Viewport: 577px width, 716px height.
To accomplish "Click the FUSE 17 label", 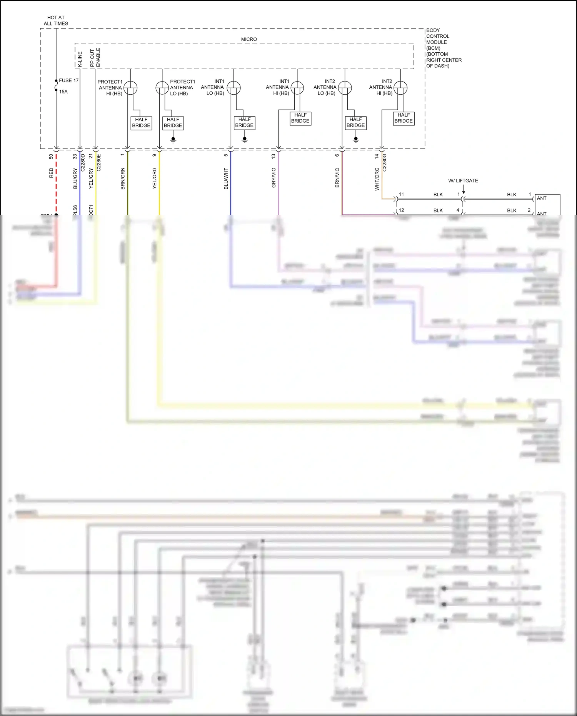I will [x=68, y=80].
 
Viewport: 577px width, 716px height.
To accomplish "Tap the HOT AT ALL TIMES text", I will [x=56, y=20].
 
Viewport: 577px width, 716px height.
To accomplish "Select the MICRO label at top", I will [x=249, y=39].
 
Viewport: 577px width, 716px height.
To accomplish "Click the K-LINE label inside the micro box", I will [x=80, y=59].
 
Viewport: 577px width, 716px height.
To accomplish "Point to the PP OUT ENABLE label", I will [x=95, y=58].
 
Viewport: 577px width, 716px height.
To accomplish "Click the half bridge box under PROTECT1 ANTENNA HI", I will [x=141, y=123].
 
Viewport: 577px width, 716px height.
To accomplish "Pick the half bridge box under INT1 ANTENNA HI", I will [x=300, y=118].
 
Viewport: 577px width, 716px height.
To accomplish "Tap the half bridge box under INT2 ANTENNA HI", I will [x=404, y=118].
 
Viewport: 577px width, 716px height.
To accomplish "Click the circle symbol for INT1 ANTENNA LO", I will [x=233, y=88].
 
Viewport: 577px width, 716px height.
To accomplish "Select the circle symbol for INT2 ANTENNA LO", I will [x=345, y=88].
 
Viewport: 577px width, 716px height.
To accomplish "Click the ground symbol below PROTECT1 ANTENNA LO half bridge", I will [x=173, y=139].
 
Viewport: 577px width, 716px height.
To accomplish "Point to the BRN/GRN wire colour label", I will [x=123, y=179].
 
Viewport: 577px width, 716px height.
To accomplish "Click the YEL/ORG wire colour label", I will [x=155, y=178].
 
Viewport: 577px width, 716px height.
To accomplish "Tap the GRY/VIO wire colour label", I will [x=274, y=178].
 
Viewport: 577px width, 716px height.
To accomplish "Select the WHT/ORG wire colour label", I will [x=377, y=179].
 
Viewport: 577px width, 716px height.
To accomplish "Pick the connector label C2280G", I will [x=384, y=163].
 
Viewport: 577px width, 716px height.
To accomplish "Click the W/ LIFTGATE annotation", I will [x=463, y=180].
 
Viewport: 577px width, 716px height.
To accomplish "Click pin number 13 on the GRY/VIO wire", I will [x=273, y=157].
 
